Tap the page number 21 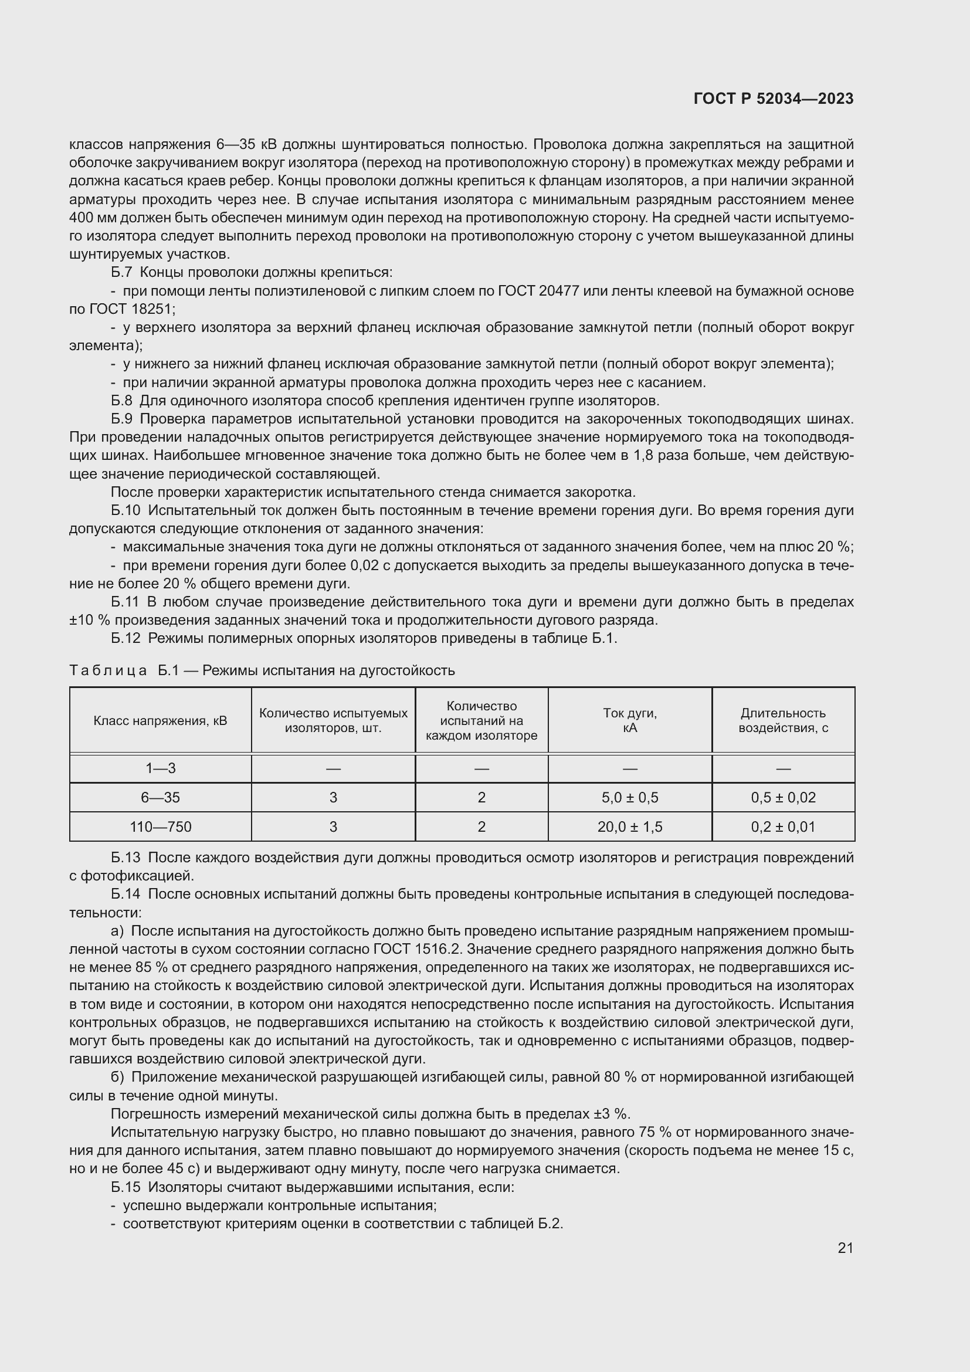845,1248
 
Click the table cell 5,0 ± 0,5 629,797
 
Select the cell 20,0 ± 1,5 629,826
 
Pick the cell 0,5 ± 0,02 783,797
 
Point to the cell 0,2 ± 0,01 783,826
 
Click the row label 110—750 160,826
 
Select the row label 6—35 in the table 160,797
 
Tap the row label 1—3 160,768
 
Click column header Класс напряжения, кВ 160,721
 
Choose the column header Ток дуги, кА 629,720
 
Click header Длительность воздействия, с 783,720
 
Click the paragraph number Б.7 121,273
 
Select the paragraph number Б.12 126,638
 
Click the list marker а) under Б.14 117,931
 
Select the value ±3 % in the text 612,1114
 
